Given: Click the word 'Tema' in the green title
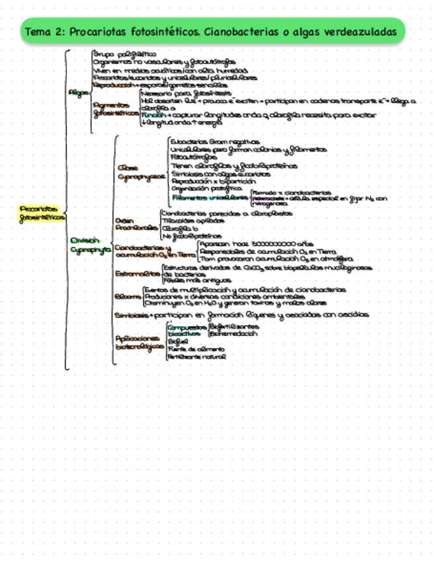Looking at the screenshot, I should click(x=37, y=32).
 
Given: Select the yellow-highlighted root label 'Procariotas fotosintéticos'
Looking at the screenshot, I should click(x=42, y=212).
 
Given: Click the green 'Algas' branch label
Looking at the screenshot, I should click(x=79, y=93).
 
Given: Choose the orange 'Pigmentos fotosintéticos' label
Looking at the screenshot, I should click(x=115, y=110).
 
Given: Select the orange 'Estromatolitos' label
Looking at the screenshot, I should click(x=138, y=273).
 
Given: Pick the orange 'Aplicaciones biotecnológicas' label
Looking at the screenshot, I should click(x=139, y=342).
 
